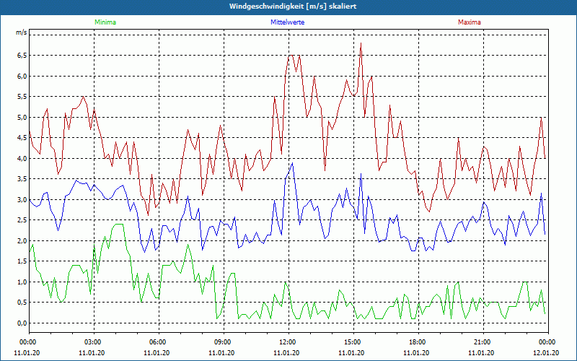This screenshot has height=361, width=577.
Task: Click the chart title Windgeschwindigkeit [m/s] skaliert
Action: [288, 6]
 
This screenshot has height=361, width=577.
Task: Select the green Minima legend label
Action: [105, 22]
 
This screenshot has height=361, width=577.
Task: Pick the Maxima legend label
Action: [469, 22]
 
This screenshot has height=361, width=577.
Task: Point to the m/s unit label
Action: [22, 33]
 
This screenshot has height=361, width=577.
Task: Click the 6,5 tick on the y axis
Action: [22, 56]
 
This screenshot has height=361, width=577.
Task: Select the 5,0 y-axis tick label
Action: [22, 117]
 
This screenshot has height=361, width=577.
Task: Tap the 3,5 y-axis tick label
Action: [22, 179]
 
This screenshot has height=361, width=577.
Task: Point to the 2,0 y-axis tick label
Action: [22, 241]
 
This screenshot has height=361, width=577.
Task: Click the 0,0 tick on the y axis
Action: [22, 323]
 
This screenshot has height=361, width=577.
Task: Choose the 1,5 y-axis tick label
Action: [22, 261]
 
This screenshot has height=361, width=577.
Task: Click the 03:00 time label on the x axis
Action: [92, 342]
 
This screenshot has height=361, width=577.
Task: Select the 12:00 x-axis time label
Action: [287, 342]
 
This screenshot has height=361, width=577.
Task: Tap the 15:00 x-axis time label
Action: [352, 342]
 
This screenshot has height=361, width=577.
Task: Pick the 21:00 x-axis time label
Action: [482, 342]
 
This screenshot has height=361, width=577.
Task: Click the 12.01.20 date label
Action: [546, 353]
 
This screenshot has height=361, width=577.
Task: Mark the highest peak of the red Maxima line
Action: [361, 43]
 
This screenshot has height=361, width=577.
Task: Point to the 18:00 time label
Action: [417, 342]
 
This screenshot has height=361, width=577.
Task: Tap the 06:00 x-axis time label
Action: [157, 342]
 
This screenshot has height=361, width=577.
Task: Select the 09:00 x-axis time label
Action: [222, 342]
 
